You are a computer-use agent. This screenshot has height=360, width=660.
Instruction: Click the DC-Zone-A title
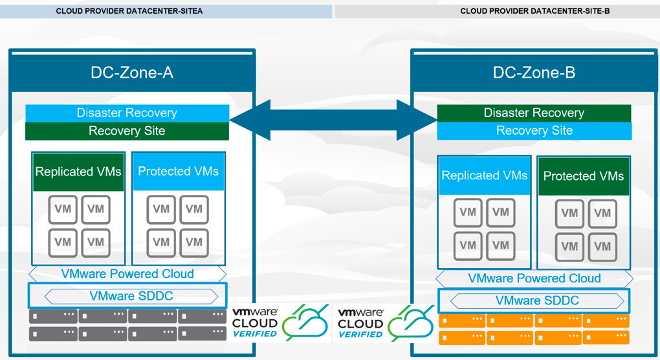point(132,72)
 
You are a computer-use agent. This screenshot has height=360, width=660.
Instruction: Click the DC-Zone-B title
point(534,72)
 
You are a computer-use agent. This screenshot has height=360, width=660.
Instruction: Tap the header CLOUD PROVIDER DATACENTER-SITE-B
point(535,11)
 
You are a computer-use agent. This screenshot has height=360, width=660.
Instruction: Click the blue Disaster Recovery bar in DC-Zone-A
point(127,113)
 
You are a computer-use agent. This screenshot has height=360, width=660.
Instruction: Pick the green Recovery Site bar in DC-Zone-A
point(127,131)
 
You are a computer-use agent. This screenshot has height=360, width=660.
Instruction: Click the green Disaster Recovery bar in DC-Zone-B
point(534,113)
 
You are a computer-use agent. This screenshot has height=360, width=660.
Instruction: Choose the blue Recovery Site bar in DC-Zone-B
point(534,131)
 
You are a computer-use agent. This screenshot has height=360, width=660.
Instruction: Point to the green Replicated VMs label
point(78,172)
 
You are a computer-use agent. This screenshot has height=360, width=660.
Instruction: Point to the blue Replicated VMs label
point(484,175)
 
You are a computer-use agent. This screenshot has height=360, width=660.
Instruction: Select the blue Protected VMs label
point(178,172)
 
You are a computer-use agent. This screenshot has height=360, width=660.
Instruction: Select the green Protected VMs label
point(583,176)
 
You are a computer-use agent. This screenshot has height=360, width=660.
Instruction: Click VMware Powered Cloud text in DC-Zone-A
point(127,273)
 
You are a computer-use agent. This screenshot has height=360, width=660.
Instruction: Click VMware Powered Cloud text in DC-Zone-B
point(534,278)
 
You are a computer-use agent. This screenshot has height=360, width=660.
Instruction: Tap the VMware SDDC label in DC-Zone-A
point(131,297)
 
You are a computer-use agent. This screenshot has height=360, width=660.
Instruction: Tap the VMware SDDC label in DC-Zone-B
point(537,300)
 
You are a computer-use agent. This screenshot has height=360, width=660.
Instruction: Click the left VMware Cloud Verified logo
point(280,322)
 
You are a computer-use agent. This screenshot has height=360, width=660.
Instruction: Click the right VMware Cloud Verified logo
point(386,322)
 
